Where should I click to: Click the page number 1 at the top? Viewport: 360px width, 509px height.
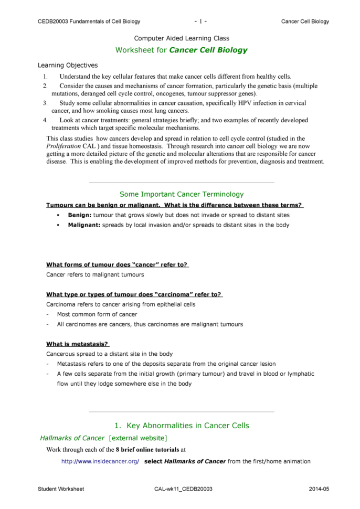click(201, 22)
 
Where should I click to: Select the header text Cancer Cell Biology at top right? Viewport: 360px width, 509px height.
click(305, 22)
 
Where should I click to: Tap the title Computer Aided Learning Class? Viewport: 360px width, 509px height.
click(182, 38)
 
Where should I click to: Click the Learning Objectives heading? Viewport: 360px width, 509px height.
click(68, 66)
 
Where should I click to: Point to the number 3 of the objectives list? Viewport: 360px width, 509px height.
click(45, 103)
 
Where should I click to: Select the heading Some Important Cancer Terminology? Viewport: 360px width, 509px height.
click(182, 194)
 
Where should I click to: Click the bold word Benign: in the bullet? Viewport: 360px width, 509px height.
click(80, 215)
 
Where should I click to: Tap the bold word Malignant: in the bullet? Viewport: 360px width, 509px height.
click(84, 225)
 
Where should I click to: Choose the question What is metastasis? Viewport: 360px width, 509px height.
click(77, 344)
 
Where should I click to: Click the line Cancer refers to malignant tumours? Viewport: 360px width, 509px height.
click(95, 274)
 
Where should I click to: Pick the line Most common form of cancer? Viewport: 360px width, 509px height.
click(97, 314)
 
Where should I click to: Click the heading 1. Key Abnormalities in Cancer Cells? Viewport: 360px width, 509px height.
click(182, 426)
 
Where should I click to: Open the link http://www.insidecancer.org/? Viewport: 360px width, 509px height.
click(100, 461)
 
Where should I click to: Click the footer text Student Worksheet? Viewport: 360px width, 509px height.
click(61, 489)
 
